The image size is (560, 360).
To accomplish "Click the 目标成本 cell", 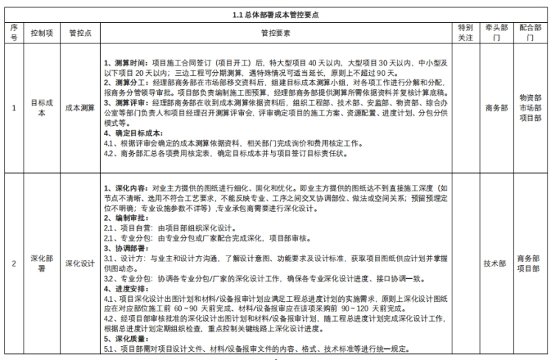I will point(41,108).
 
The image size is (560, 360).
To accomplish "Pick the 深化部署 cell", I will point(41,263).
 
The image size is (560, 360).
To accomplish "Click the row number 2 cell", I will point(13,263).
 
